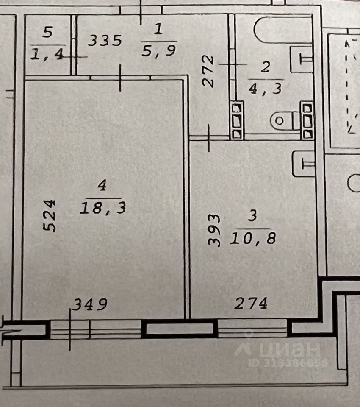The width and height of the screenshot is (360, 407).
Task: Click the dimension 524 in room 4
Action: [49, 216]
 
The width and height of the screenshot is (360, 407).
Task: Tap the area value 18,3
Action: [103, 208]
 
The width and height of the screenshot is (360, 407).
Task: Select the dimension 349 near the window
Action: [90, 304]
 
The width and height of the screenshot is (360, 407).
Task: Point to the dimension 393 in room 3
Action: [214, 230]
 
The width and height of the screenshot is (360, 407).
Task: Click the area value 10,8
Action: [253, 238]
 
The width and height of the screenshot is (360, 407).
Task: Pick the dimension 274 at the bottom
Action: [251, 303]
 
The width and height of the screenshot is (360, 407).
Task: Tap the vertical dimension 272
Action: [208, 71]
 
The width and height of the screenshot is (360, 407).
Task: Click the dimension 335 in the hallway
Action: [105, 41]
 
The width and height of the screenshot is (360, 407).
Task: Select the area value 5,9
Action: [159, 50]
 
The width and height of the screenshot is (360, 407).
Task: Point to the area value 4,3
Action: [265, 88]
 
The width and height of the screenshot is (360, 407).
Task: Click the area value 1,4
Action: [47, 54]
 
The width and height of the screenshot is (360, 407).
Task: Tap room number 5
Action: [48, 32]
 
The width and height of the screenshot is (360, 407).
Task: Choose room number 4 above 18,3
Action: [102, 185]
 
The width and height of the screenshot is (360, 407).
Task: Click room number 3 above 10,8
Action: [252, 215]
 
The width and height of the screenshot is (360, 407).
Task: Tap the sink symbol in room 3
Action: [303, 164]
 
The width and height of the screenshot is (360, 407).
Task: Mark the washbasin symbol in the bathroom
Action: [301, 59]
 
